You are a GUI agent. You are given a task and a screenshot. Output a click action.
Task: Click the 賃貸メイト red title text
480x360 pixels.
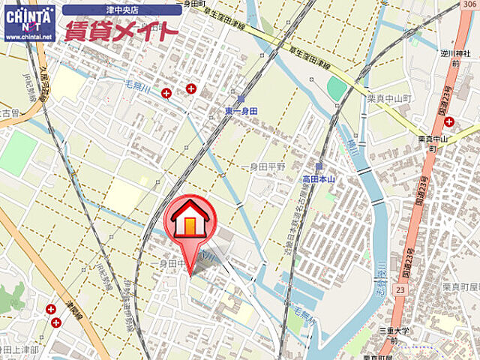(120, 31)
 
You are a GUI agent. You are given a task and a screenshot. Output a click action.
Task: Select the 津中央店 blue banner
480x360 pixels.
(119, 10)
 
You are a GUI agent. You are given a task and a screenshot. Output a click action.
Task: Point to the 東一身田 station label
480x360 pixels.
(240, 111)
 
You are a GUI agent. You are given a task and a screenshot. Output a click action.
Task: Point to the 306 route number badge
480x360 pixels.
(469, 4)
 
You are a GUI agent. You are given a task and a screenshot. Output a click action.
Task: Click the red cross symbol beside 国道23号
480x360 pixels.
(448, 121)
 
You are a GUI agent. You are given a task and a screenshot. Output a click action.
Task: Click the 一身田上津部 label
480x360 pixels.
(19, 349)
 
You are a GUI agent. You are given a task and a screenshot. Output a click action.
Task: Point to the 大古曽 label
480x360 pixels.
(9, 113)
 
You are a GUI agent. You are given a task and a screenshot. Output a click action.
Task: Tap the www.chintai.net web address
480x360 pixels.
(29, 36)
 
